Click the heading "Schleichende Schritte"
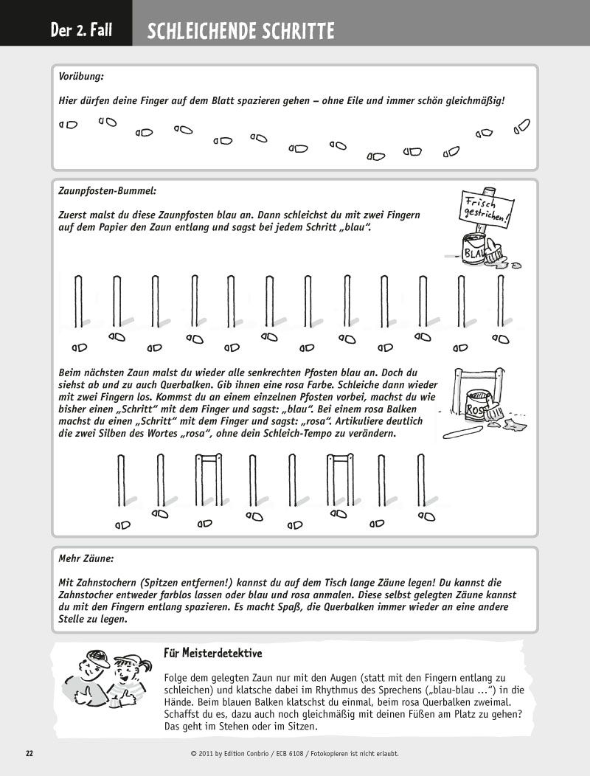(240, 32)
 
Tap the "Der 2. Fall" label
(81, 32)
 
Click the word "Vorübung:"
(80, 76)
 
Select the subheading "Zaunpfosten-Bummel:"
(107, 190)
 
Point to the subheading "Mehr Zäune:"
(86, 559)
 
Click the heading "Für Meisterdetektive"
(213, 653)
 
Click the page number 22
(29, 753)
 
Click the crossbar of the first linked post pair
(208, 457)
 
